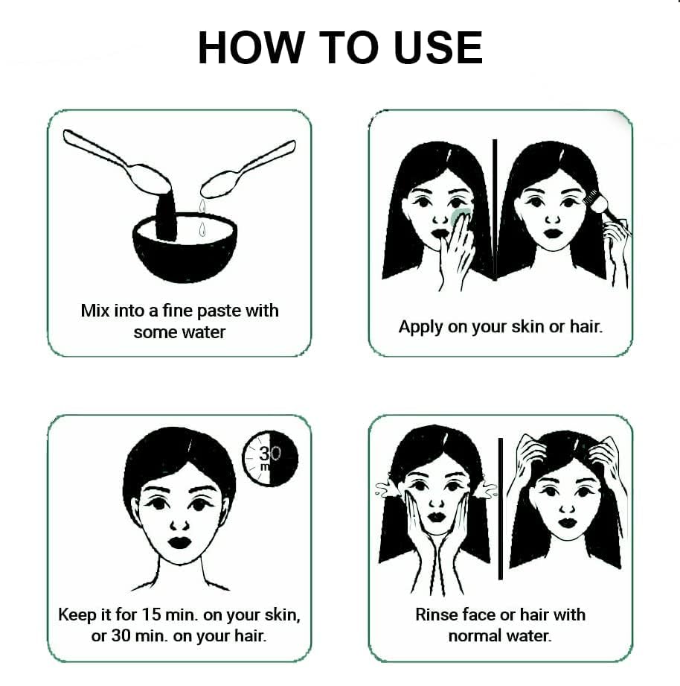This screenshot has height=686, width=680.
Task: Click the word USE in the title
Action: coord(438,48)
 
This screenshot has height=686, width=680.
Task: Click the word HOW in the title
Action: coord(251,48)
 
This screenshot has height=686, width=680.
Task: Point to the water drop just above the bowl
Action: coord(202,229)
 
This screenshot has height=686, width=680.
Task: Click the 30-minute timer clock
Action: coord(270,459)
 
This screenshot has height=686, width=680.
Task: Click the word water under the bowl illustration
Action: coord(204,332)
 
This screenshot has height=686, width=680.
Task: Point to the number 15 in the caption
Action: coord(152,614)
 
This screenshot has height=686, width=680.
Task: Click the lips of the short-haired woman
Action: coord(179,542)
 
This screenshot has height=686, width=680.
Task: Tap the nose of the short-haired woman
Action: coord(179,525)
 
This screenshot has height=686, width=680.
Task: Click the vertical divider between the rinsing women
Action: coord(501,509)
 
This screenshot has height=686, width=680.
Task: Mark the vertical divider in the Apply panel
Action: coord(495,210)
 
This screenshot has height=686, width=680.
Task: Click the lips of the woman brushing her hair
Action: coord(554,233)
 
